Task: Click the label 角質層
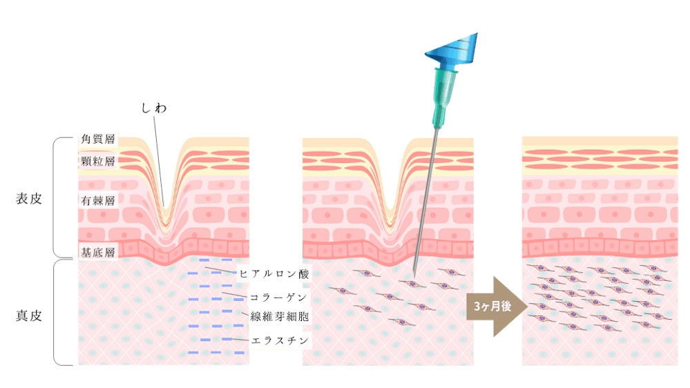click(x=97, y=139)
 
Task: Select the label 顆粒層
click(x=97, y=162)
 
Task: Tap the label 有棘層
click(x=97, y=201)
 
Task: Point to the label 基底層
click(x=97, y=251)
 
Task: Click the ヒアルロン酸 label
click(x=274, y=274)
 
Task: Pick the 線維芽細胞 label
click(x=278, y=317)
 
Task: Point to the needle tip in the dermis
click(x=414, y=271)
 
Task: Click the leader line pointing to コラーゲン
click(x=235, y=295)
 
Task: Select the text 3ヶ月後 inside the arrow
click(x=492, y=307)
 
